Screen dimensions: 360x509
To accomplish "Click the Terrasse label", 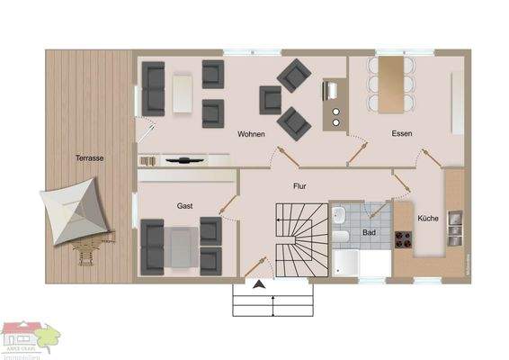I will pyautogui.click(x=89, y=158).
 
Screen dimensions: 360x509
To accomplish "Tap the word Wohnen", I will pyautogui.click(x=252, y=134).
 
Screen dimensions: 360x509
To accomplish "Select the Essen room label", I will pyautogui.click(x=401, y=134).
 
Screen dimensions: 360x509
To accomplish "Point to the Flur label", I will pyautogui.click(x=299, y=187).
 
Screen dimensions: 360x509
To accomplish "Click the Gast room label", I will pyautogui.click(x=185, y=206).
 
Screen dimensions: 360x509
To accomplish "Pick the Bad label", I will pyautogui.click(x=369, y=231).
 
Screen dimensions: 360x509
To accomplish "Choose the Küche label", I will pyautogui.click(x=428, y=217).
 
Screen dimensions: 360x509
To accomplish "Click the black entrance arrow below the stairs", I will pyautogui.click(x=260, y=285).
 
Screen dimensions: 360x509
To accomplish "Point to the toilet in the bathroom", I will pyautogui.click(x=338, y=216).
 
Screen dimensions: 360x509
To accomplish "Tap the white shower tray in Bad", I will pyautogui.click(x=346, y=265).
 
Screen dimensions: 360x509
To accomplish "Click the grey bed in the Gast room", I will pyautogui.click(x=180, y=247).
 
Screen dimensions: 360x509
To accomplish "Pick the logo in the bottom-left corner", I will pyautogui.click(x=27, y=339).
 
